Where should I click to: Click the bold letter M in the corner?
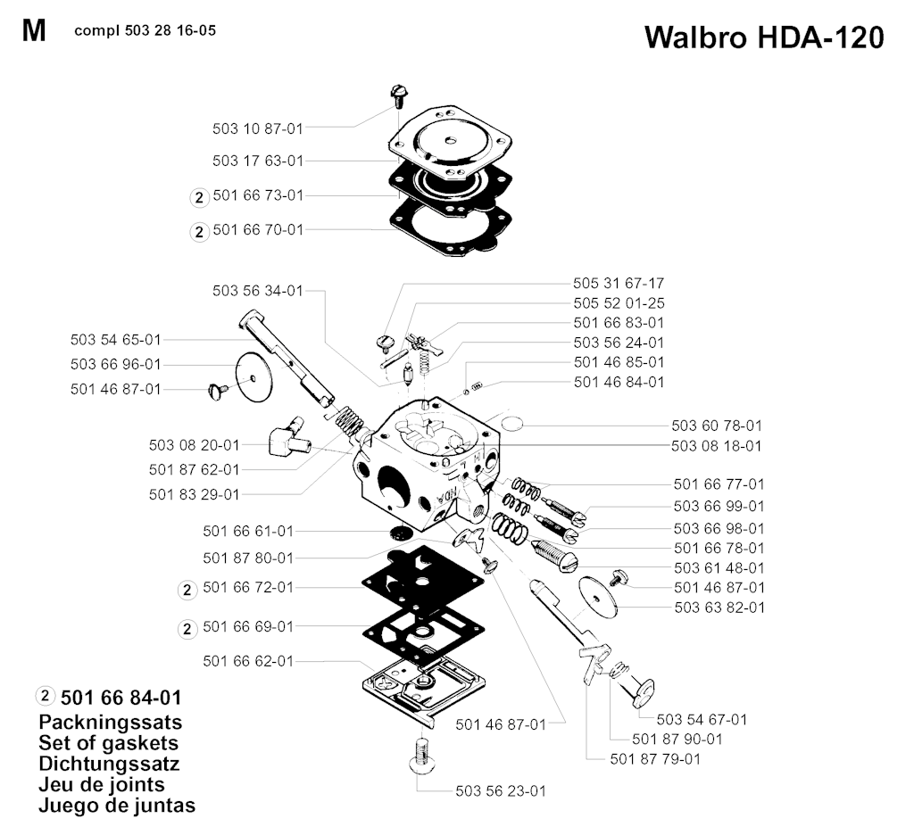click(34, 31)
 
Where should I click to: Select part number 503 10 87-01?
click(258, 128)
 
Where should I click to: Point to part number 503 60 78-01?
click(718, 426)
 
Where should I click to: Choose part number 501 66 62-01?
click(248, 661)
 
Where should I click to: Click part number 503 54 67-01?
click(702, 719)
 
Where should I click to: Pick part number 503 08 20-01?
click(195, 444)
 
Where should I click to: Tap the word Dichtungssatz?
click(110, 764)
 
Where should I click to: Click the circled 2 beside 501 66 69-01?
click(187, 628)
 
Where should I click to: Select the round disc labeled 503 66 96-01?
click(253, 378)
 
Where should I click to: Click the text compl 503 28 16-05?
click(145, 30)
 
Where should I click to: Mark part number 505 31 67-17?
click(619, 283)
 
